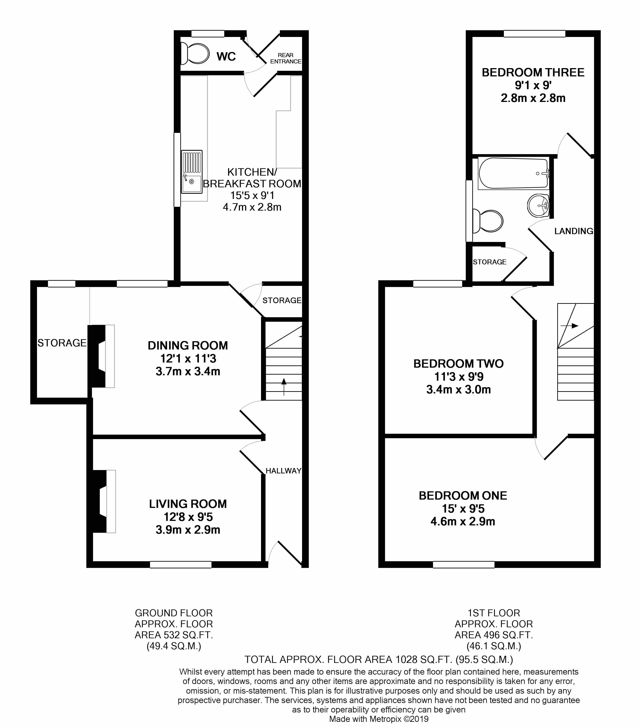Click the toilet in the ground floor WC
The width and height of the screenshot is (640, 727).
point(195,53)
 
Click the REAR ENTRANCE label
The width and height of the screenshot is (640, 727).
point(285,58)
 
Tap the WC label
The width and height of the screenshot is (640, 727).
point(226,56)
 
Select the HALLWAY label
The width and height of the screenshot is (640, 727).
point(283,470)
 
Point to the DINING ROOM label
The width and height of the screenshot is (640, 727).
point(188,345)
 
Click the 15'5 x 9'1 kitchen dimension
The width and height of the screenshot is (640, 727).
point(252,195)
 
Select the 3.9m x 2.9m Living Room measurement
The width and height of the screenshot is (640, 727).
point(188,530)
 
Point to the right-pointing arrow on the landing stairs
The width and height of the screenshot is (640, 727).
point(570,326)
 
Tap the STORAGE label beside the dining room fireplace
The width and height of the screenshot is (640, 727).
point(62,343)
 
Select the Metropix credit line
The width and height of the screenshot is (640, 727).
point(379,719)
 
